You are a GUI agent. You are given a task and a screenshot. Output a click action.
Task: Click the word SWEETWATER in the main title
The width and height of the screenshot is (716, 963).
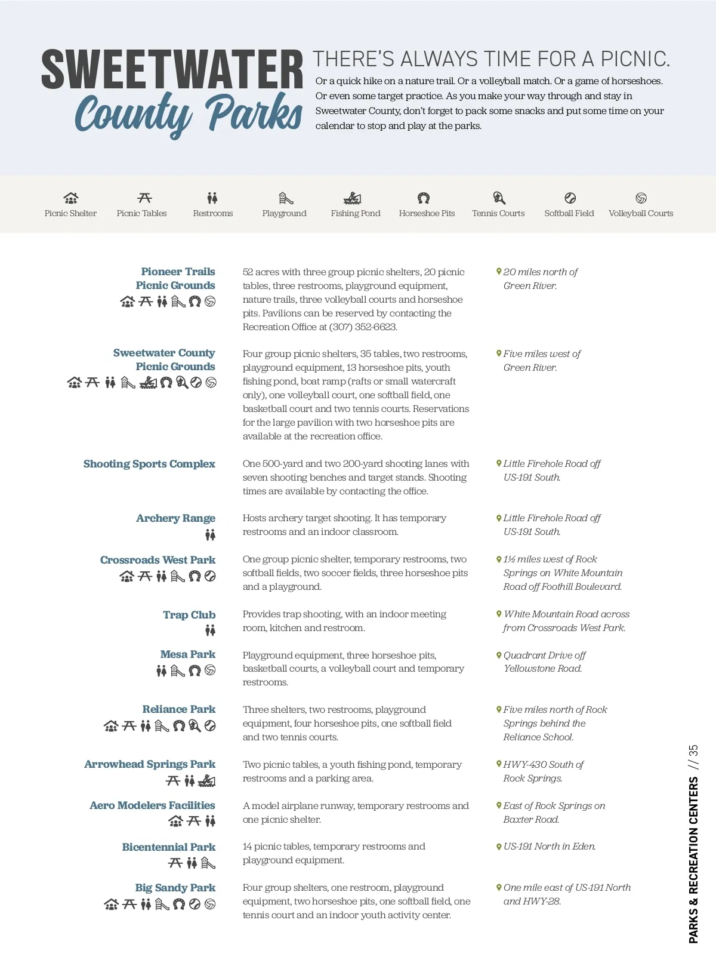click(172, 70)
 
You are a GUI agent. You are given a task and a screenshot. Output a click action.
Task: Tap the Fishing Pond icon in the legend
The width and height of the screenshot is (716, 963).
click(353, 198)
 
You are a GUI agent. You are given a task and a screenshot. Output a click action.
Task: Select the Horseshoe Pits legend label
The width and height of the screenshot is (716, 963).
click(427, 214)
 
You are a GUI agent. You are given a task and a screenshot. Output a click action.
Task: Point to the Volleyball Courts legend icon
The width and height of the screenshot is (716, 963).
click(641, 198)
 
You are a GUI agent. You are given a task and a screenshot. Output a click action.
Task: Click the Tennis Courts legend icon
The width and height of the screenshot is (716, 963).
click(499, 198)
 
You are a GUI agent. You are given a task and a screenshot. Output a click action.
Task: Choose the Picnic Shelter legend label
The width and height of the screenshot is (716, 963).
click(70, 214)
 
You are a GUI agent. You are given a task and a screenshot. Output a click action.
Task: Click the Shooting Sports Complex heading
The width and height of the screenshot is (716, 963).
click(149, 464)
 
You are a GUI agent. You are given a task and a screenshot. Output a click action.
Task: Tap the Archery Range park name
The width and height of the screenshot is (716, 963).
click(175, 518)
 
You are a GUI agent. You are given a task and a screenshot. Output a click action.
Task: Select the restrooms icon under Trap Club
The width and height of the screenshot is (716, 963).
click(210, 630)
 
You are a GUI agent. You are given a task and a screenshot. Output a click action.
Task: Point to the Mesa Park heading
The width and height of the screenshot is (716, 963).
click(187, 654)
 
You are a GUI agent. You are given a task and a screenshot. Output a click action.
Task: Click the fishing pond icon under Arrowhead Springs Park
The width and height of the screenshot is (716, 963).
click(206, 781)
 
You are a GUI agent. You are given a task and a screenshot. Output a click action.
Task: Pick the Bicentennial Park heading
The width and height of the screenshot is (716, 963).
click(168, 847)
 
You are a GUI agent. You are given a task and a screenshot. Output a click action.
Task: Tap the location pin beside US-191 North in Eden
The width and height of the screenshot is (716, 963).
click(499, 847)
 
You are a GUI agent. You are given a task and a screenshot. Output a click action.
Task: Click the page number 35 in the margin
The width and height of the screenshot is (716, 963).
click(693, 750)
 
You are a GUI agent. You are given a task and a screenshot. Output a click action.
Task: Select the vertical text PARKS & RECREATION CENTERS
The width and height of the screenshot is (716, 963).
click(693, 860)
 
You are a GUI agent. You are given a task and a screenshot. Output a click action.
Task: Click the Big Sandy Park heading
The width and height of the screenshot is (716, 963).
click(175, 888)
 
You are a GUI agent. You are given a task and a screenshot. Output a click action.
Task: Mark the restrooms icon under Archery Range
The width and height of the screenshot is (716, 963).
click(210, 536)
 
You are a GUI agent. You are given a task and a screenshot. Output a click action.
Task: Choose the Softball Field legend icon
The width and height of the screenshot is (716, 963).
click(570, 198)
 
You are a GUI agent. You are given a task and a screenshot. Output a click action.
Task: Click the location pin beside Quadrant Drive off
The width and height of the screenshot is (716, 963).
click(499, 655)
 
